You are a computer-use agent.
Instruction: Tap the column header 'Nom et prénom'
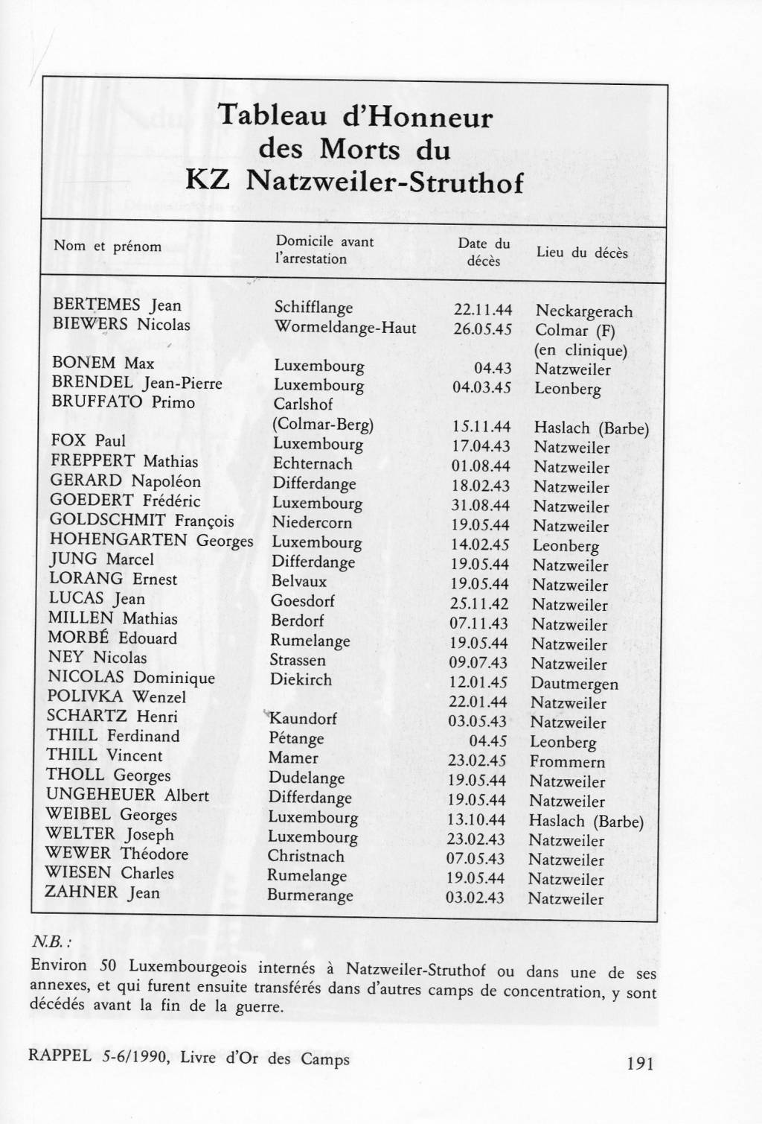pyautogui.click(x=107, y=246)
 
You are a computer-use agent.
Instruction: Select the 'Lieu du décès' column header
pyautogui.click(x=582, y=253)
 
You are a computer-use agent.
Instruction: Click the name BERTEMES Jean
pyautogui.click(x=117, y=305)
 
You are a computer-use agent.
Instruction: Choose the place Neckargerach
pyautogui.click(x=583, y=311)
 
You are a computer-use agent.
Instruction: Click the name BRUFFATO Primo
pyautogui.click(x=123, y=402)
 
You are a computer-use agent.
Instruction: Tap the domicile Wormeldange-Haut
pyautogui.click(x=345, y=327)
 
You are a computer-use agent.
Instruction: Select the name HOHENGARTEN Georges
pyautogui.click(x=151, y=540)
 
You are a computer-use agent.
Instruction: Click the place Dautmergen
pyautogui.click(x=574, y=683)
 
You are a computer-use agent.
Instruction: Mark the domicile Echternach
pyautogui.click(x=313, y=463)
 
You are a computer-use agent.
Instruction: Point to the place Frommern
pyautogui.click(x=566, y=761)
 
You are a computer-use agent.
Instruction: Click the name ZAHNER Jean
pyautogui.click(x=102, y=892)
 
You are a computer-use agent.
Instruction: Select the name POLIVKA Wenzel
pyautogui.click(x=116, y=697)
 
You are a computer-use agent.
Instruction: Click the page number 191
pyautogui.click(x=640, y=1063)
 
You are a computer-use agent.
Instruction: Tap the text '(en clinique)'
pyautogui.click(x=580, y=350)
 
